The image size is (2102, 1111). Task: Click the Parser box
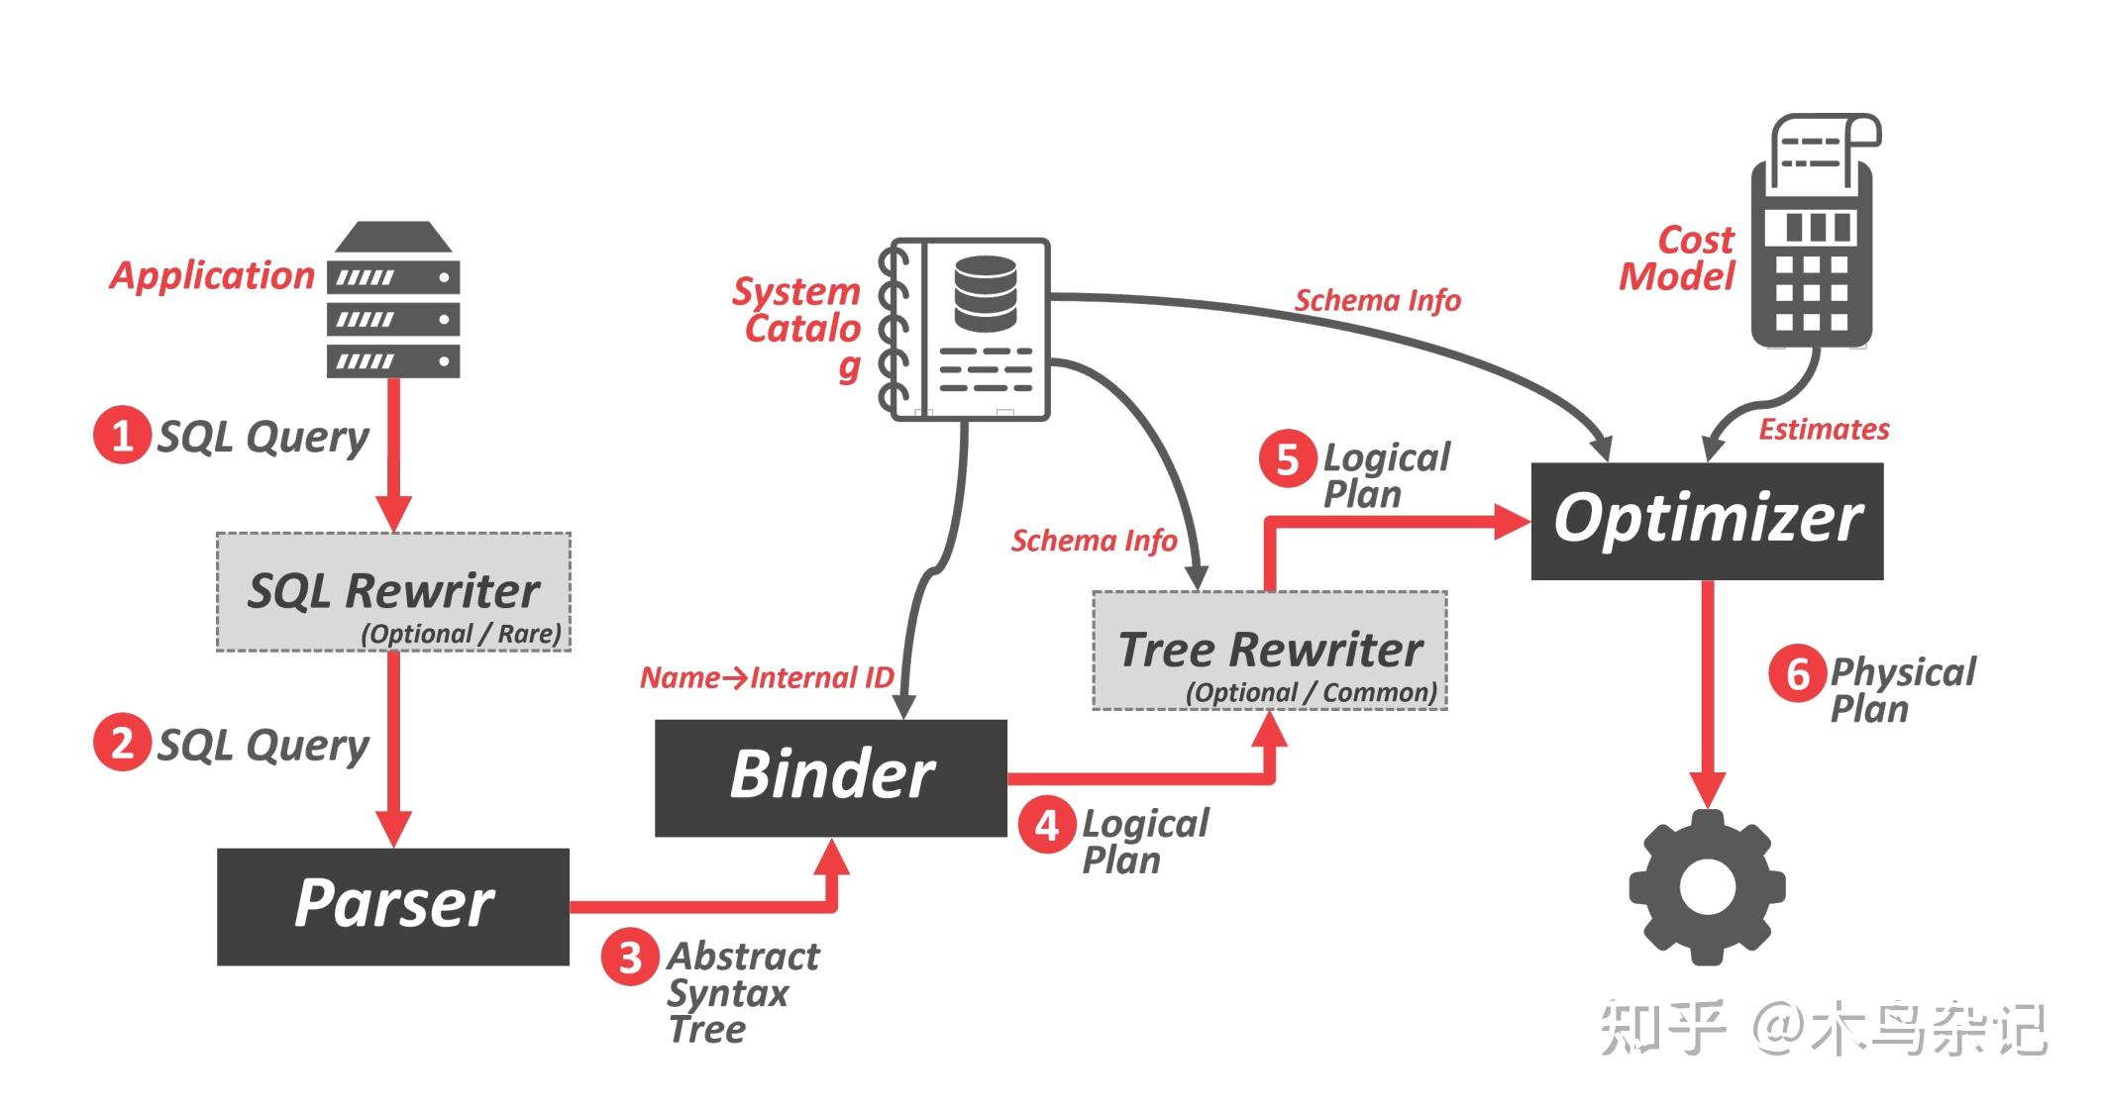click(x=393, y=906)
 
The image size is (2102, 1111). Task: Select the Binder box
click(x=831, y=777)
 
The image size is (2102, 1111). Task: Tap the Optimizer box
click(x=1707, y=521)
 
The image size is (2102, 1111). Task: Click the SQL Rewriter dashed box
click(x=393, y=592)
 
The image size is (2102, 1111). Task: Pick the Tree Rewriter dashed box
click(x=1270, y=651)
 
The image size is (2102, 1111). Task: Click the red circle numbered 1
click(x=122, y=435)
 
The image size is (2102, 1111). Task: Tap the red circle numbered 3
click(x=630, y=958)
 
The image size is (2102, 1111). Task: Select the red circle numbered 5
click(x=1288, y=458)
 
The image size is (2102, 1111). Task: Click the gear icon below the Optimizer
click(x=1707, y=887)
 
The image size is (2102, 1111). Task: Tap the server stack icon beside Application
click(x=393, y=299)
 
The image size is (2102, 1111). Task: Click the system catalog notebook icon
click(x=964, y=329)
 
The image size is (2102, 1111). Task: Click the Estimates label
click(x=1824, y=429)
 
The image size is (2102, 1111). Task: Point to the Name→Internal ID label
click(x=767, y=677)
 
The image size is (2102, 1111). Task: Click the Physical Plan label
click(x=1903, y=690)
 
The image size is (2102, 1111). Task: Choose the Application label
click(x=212, y=275)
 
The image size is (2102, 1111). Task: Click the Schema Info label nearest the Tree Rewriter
click(x=1094, y=541)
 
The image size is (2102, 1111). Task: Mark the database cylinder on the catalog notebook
click(x=985, y=293)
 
